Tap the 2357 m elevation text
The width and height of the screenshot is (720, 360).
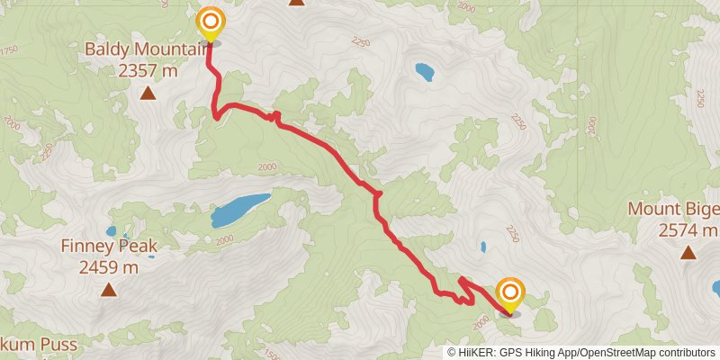[x=148, y=67]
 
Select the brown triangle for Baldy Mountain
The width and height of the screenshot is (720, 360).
[x=148, y=92]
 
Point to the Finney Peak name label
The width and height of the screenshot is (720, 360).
[x=109, y=246]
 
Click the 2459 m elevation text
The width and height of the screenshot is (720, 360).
[x=109, y=266]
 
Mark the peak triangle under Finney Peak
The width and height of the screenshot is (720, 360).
[x=109, y=289]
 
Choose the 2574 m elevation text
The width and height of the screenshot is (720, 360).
[x=688, y=230]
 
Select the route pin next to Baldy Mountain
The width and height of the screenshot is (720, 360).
[x=210, y=23]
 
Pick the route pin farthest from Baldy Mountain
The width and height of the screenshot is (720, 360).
[x=509, y=294]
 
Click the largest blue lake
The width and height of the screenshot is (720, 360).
[x=240, y=210]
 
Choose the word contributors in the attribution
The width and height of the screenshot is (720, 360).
[x=688, y=353]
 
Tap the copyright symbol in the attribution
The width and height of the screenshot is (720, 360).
[x=452, y=353]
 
